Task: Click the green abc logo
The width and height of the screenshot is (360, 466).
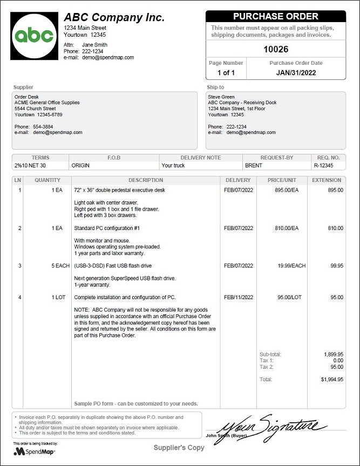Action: (x=34, y=36)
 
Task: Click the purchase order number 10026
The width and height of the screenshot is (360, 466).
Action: (x=275, y=49)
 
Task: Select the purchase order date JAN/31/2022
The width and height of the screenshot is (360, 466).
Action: (x=296, y=72)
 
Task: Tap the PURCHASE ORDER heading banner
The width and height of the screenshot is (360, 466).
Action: (x=275, y=17)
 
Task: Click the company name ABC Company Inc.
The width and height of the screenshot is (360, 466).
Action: (x=114, y=17)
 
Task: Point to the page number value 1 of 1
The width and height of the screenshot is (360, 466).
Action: (x=226, y=72)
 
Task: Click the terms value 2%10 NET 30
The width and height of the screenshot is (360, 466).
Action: (x=30, y=165)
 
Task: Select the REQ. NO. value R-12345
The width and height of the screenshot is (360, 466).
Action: (x=323, y=165)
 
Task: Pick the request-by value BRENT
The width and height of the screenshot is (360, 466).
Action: (x=254, y=165)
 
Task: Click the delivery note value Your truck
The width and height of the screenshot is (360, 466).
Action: (x=173, y=165)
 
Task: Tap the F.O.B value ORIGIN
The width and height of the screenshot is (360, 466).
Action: (x=81, y=165)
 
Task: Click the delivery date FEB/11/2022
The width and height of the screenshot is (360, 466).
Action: (x=238, y=297)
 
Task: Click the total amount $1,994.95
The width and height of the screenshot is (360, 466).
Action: (x=332, y=380)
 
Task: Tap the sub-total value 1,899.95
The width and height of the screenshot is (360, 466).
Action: (x=333, y=354)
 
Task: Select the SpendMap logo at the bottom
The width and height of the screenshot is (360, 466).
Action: (x=35, y=451)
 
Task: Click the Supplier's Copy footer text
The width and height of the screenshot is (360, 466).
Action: (x=179, y=448)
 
